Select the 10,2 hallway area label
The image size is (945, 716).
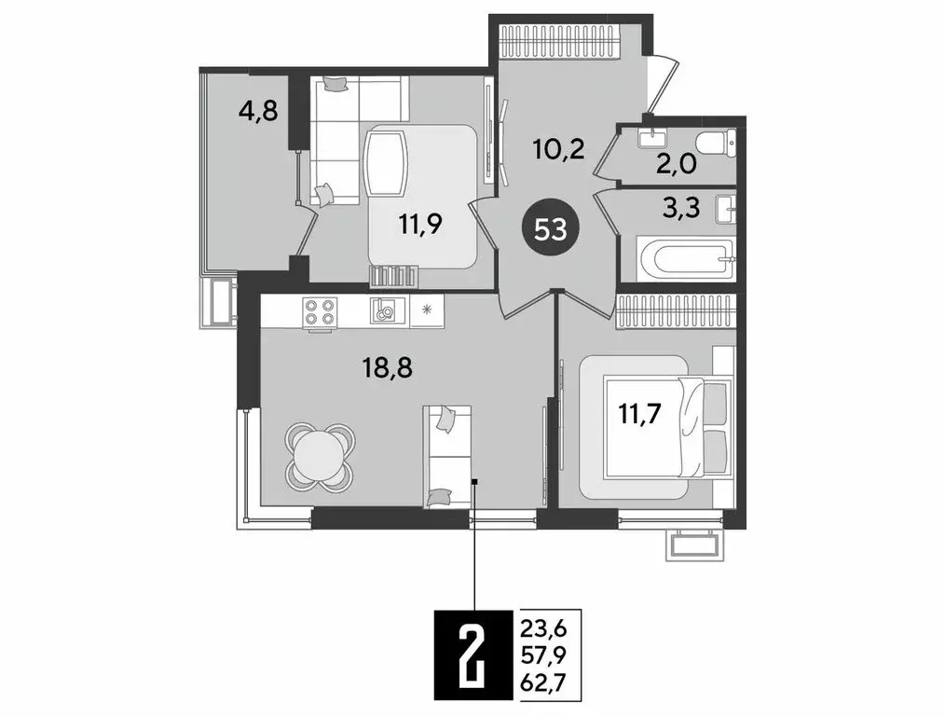click(x=559, y=148)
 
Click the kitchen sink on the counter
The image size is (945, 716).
click(x=384, y=310)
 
